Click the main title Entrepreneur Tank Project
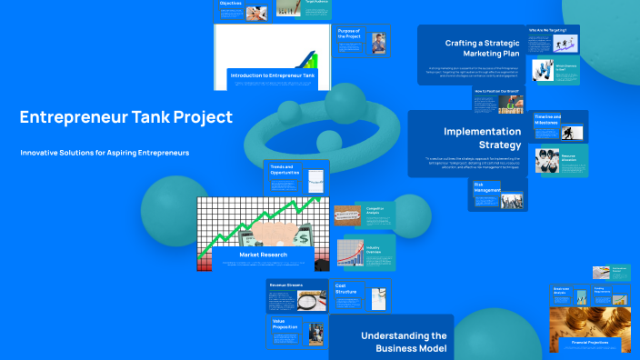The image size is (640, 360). (125, 117)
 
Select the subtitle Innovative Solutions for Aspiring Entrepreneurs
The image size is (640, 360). (105, 153)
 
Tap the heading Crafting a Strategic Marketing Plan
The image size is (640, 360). (481, 48)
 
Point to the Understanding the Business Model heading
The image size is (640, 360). (404, 342)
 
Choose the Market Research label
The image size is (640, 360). (263, 255)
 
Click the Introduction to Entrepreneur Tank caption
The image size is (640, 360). (273, 75)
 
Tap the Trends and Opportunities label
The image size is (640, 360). (284, 170)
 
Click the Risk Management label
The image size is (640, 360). (485, 187)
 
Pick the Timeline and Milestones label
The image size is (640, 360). (546, 119)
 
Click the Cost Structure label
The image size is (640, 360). (346, 289)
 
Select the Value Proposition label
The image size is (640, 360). (285, 324)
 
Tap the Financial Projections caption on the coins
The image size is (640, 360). (590, 342)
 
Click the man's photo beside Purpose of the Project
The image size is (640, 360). (378, 44)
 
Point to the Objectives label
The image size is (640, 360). (231, 4)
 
